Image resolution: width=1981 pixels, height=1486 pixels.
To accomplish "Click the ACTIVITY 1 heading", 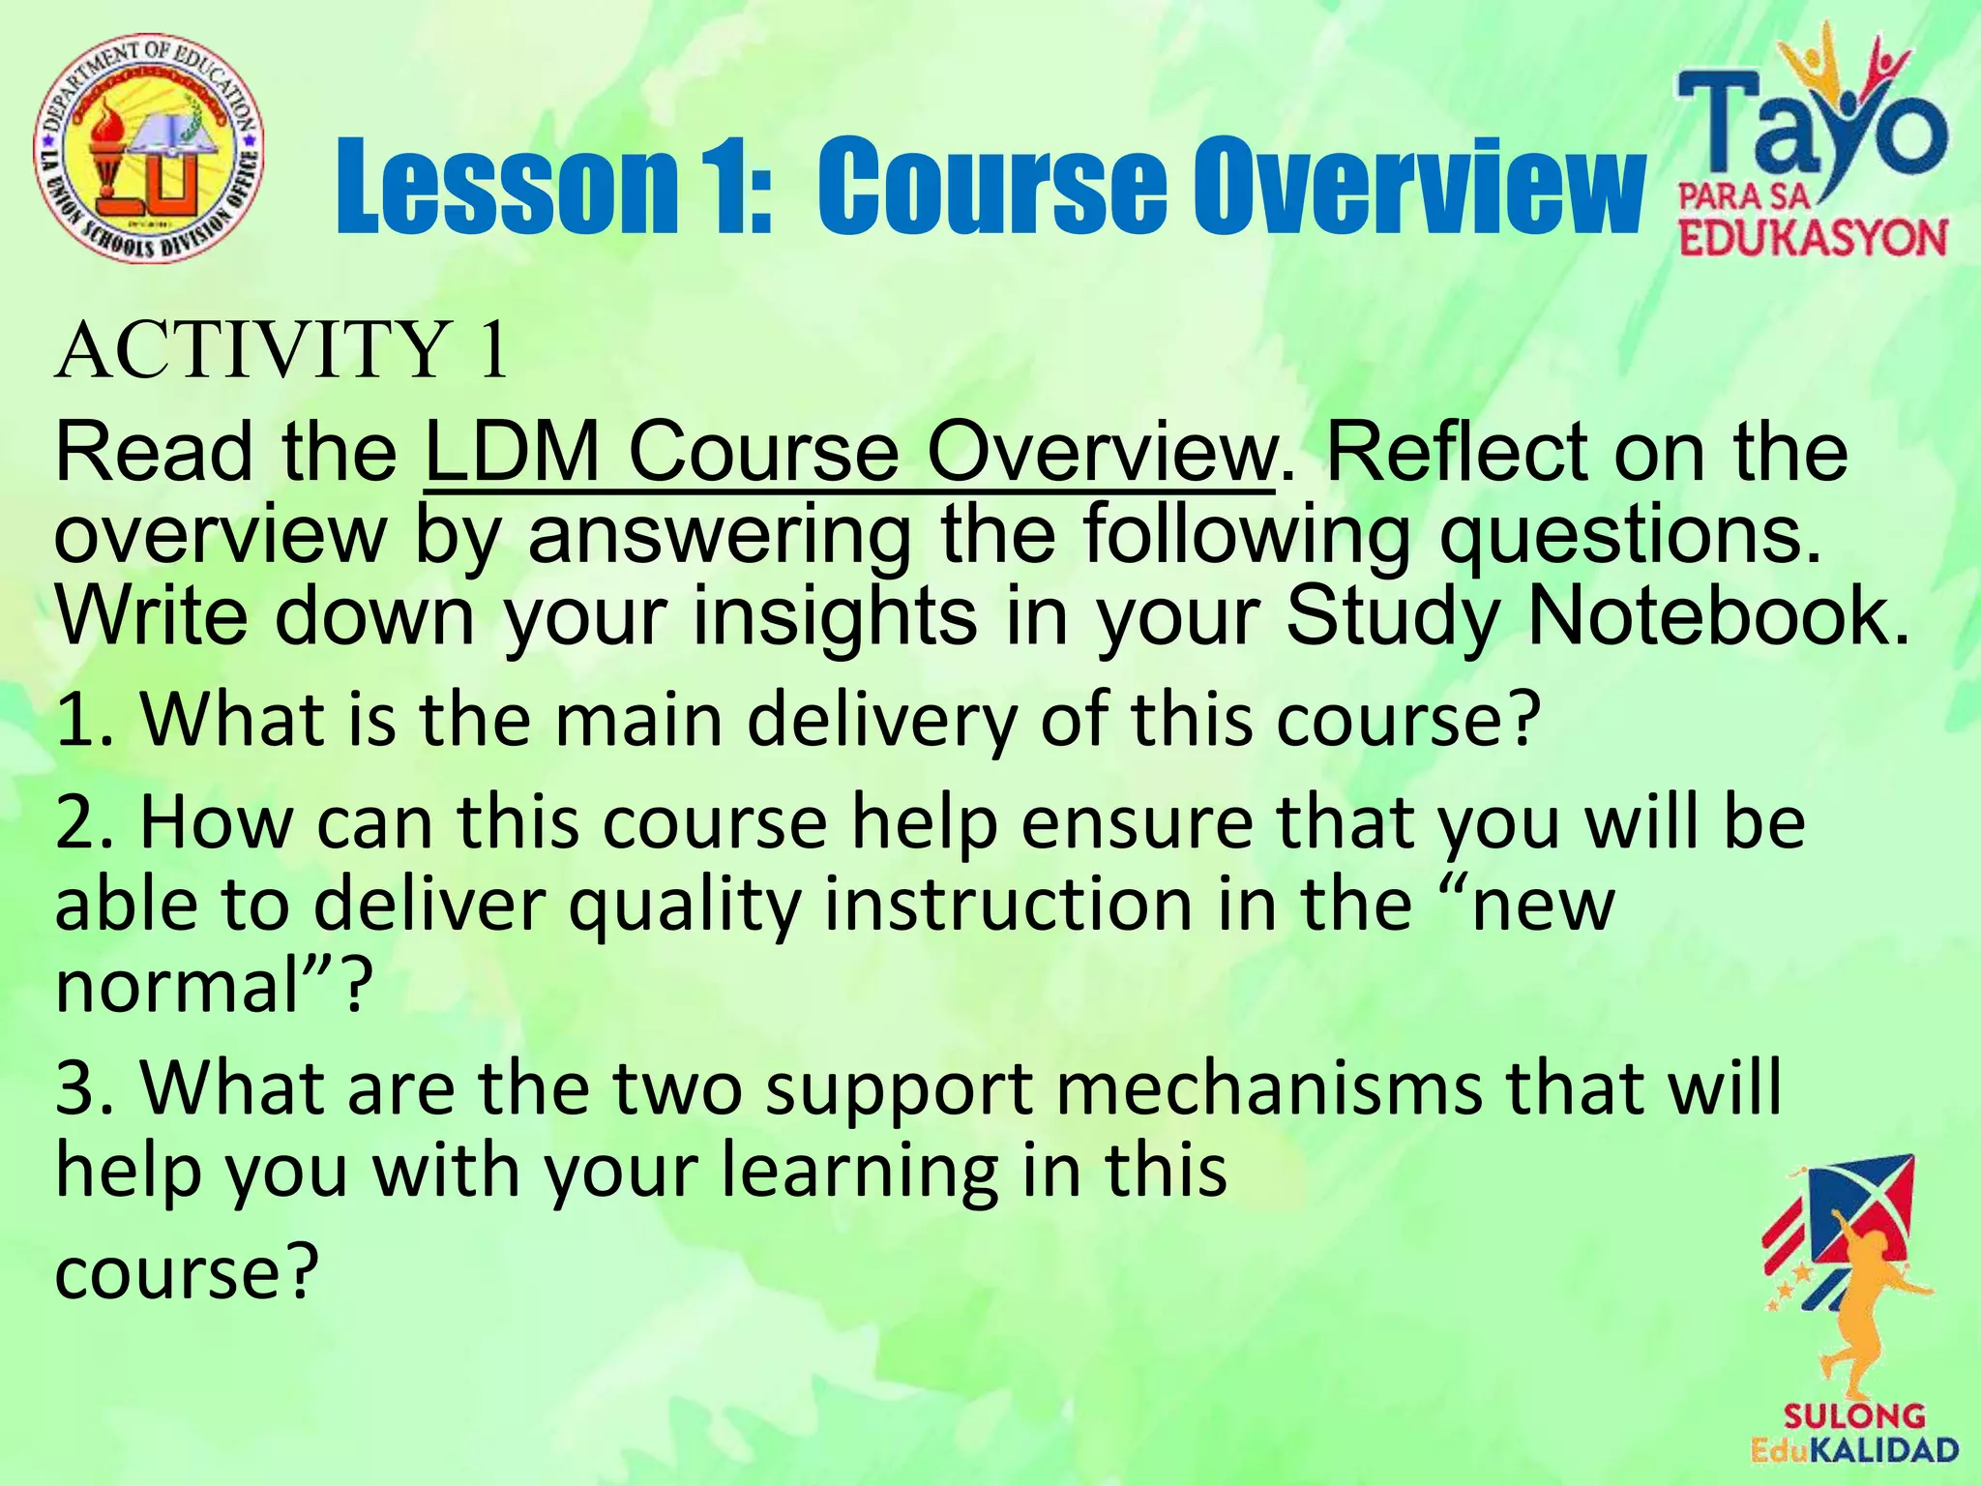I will [x=281, y=350].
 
